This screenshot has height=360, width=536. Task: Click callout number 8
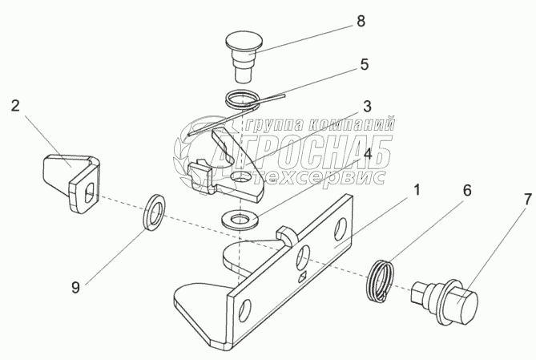click(x=361, y=22)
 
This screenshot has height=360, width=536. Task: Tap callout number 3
click(x=366, y=105)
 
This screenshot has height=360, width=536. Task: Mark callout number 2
click(x=14, y=105)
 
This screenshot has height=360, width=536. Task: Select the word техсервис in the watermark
click(x=320, y=177)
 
